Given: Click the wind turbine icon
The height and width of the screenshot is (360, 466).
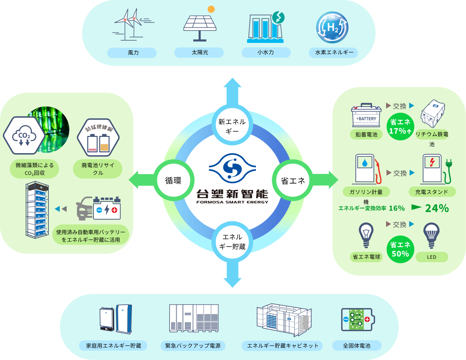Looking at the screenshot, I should click(x=131, y=25).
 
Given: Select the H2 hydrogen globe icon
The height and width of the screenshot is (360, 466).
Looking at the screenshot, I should click(x=332, y=28).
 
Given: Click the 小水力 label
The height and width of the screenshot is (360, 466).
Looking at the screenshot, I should click(x=266, y=53).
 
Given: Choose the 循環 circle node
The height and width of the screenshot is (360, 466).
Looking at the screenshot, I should click(x=173, y=180).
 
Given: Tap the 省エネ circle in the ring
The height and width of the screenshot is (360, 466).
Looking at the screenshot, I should click(x=293, y=180).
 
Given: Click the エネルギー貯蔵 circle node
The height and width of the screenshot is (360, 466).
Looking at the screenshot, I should click(x=232, y=242).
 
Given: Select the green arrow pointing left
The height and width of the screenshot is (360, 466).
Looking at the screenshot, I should click(x=140, y=180).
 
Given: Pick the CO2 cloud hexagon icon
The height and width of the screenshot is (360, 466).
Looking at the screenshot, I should click(x=24, y=135).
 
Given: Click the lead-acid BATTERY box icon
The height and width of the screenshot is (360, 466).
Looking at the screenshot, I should click(x=366, y=116).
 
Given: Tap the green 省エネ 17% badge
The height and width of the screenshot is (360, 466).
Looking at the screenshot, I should click(x=400, y=127).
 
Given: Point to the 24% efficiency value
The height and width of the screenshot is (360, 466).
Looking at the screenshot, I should click(x=437, y=208).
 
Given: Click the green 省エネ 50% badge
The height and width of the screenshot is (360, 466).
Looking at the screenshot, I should click(x=400, y=249).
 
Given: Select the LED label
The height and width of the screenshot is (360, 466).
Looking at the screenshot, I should click(x=431, y=257).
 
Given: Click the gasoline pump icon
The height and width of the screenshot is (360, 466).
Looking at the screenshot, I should click(x=367, y=169).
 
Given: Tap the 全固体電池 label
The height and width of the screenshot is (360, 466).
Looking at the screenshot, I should click(x=356, y=346).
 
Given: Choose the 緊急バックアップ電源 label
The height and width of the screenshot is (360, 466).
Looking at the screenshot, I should click(x=193, y=346).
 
